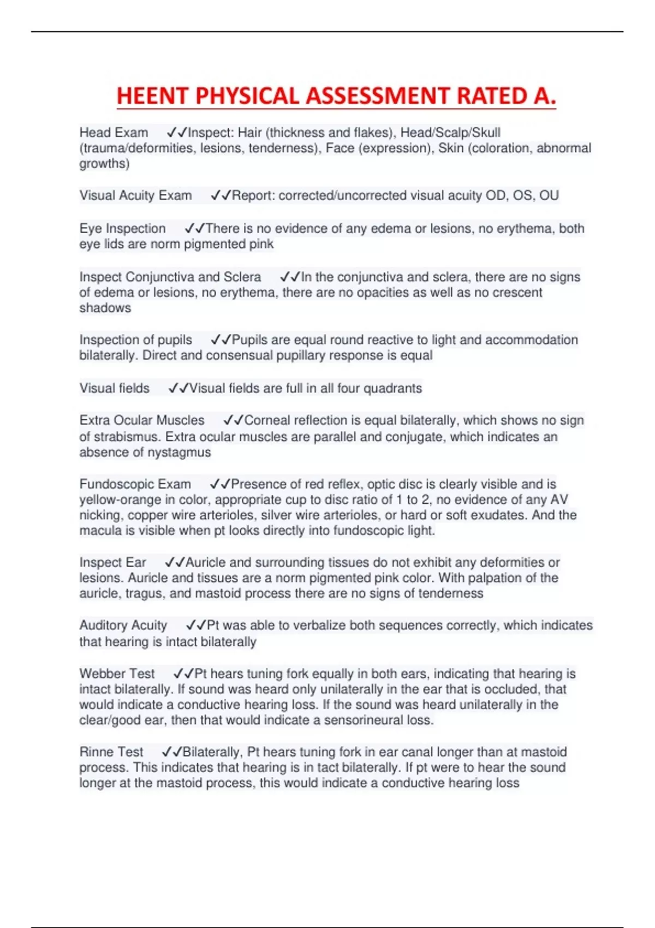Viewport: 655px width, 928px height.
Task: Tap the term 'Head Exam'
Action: point(114,133)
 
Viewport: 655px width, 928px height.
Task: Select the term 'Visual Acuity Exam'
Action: point(135,195)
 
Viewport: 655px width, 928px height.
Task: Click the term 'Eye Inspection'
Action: point(122,228)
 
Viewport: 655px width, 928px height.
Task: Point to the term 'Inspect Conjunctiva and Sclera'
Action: point(170,277)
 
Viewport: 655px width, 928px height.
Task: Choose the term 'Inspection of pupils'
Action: point(135,340)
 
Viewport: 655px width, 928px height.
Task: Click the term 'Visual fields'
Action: point(114,388)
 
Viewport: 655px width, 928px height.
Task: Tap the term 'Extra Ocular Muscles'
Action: point(142,420)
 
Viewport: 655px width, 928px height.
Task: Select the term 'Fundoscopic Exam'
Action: point(135,484)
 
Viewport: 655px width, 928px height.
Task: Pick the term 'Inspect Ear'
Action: point(112,562)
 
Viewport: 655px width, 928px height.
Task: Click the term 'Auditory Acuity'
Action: point(123,625)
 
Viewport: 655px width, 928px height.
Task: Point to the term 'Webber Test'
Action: point(117,674)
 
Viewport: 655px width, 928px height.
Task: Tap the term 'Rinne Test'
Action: point(111,752)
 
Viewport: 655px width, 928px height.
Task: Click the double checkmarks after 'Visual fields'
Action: point(178,388)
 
